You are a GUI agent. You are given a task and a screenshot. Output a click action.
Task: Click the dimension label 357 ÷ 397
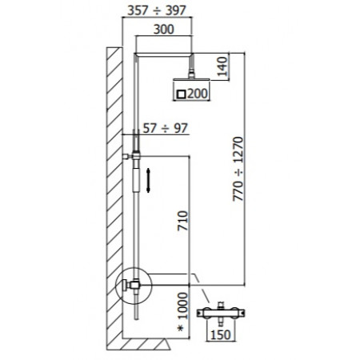click(158, 11)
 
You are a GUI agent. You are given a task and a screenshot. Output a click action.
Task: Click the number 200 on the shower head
click(196, 94)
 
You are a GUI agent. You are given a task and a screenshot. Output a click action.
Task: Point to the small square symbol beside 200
click(181, 94)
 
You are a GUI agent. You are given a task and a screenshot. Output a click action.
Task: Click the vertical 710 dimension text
click(182, 217)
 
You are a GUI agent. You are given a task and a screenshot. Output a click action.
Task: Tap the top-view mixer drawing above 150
click(219, 310)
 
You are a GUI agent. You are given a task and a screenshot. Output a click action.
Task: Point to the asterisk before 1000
click(182, 328)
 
